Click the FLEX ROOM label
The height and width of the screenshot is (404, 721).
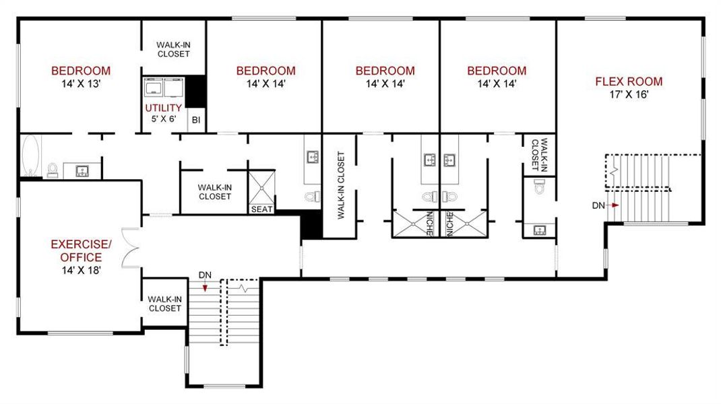(x=628, y=82)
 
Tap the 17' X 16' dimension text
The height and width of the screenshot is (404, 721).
(x=628, y=95)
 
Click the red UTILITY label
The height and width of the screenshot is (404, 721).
(x=163, y=108)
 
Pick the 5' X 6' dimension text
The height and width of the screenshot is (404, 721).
(x=163, y=119)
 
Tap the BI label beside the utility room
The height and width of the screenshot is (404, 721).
(x=196, y=120)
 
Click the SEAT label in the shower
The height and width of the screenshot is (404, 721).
(x=261, y=209)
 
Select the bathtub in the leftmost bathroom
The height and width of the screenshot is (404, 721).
(x=30, y=156)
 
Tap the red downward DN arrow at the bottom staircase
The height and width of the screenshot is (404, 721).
(x=206, y=286)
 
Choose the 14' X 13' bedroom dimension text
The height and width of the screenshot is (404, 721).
(x=81, y=84)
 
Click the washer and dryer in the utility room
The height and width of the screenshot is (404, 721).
(x=163, y=88)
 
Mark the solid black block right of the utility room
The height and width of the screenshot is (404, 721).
(x=196, y=89)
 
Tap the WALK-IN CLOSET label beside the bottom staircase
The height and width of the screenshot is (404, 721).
(x=164, y=304)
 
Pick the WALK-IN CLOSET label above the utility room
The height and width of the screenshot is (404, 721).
(x=173, y=49)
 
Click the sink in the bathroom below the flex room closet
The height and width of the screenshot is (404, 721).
(x=540, y=230)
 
